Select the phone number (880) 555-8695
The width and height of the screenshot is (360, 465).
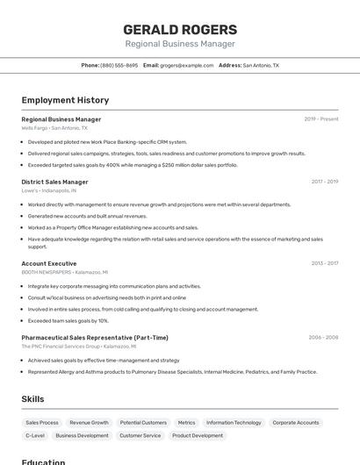coord(119,65)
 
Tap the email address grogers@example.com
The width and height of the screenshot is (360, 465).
coord(187,65)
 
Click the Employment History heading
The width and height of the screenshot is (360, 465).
coord(65,101)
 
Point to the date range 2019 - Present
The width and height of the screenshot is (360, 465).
coord(321,119)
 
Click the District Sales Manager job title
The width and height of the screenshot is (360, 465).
coord(54,182)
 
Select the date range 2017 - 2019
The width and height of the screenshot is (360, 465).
coord(324,182)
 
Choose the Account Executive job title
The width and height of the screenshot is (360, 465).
coord(48,263)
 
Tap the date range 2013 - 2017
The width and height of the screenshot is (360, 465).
coord(324,263)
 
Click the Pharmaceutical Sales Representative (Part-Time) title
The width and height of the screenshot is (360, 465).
coord(95,337)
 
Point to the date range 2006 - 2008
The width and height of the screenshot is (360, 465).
coord(323,337)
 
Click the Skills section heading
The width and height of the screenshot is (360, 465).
coord(32,399)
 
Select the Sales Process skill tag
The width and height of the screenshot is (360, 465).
coord(42,423)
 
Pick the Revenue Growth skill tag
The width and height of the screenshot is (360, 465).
coord(89,423)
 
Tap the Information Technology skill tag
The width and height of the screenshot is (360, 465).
coord(234,423)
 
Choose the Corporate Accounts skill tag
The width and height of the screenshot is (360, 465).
coord(296,423)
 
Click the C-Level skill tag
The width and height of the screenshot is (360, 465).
coord(35,435)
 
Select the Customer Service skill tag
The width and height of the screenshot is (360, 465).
coord(140,435)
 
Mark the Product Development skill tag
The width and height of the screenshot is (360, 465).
coord(198,435)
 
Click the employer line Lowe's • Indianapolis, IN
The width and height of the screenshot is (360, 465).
coord(48,190)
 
